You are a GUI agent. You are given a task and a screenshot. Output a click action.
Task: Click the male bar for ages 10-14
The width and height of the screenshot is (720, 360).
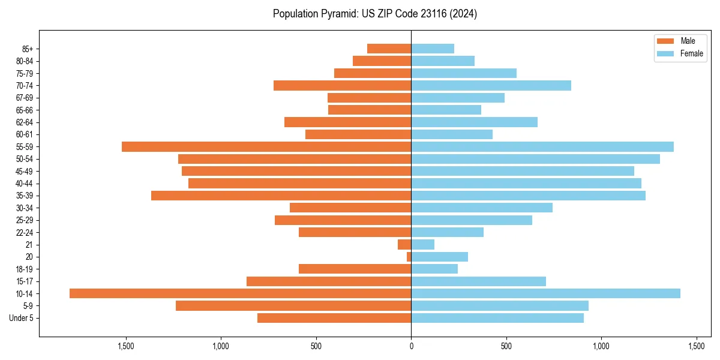coord(240,293)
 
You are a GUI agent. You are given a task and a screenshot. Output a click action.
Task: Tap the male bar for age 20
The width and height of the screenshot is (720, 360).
coord(409,257)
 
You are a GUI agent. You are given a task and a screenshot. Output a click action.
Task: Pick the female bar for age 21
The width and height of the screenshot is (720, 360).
coord(422,244)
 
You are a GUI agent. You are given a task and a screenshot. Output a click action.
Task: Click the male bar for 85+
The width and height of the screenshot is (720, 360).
coord(389,49)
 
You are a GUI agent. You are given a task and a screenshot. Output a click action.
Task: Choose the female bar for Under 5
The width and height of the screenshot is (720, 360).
coord(497,318)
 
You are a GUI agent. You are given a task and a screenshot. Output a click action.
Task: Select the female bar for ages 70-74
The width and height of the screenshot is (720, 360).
coord(491,85)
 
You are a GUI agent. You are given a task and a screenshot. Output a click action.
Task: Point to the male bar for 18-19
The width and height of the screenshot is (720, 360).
coord(355,269)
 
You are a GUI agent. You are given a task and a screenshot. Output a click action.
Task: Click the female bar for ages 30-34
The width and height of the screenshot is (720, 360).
coord(482,208)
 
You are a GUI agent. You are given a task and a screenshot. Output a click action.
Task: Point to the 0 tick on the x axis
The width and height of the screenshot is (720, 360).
coord(411,346)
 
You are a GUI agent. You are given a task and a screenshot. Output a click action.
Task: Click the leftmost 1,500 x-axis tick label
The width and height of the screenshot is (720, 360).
coord(126,346)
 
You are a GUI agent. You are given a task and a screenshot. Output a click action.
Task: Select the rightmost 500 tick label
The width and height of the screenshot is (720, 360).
coord(506,346)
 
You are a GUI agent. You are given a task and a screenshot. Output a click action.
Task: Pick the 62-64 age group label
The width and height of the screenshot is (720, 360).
coord(24,122)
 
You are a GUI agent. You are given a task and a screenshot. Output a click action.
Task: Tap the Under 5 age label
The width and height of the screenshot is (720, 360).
coord(21,318)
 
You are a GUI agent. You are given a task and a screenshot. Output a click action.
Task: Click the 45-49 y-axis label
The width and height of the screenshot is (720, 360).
coord(24,171)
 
